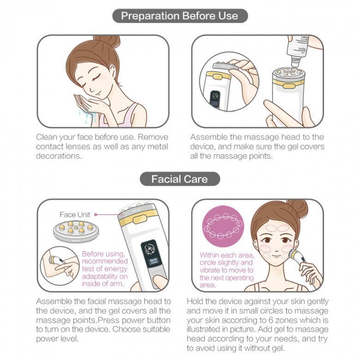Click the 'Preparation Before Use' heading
(180, 16)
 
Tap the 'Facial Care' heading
(180, 179)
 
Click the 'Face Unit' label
(74, 215)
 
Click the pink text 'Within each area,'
(226, 255)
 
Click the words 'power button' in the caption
(147, 320)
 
